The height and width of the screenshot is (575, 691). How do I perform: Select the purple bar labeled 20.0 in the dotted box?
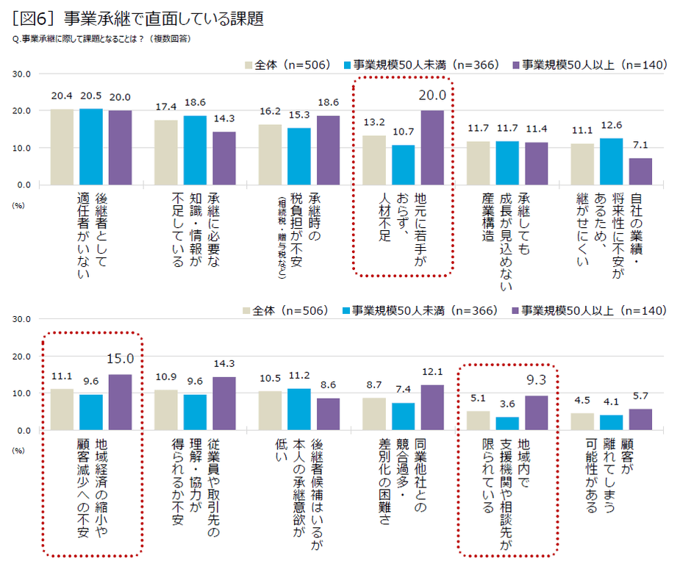coord(432,147)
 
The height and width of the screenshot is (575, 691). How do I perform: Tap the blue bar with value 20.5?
coord(91,146)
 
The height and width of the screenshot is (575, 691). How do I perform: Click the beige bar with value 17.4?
coord(166,152)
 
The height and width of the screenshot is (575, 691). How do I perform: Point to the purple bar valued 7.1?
coord(640,171)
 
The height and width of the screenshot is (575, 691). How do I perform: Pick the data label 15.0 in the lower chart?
coord(121,359)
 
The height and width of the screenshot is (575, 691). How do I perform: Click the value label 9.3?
coord(537,380)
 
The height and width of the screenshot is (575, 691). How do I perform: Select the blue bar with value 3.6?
coord(507,424)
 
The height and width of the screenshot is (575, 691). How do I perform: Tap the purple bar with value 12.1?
coord(432,407)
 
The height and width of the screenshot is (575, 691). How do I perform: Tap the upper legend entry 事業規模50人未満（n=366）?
coord(422,65)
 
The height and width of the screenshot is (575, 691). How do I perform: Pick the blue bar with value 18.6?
coord(195,150)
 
